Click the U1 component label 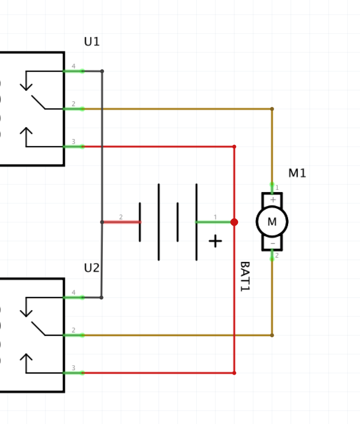(x=92, y=42)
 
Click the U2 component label (x=92, y=268)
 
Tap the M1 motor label (x=297, y=173)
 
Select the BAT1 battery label (x=245, y=277)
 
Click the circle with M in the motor (x=272, y=222)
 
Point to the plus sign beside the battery (x=215, y=241)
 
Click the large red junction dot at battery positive (x=234, y=222)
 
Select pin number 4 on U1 (x=73, y=66)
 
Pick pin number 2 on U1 (x=73, y=104)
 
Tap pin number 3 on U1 (x=73, y=142)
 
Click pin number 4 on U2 (x=73, y=293)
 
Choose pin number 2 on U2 (x=73, y=331)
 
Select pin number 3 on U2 (x=73, y=368)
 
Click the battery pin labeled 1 (x=215, y=217)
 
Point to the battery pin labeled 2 (x=121, y=217)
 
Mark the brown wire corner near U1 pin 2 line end (x=272, y=109)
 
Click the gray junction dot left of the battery (x=102, y=222)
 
